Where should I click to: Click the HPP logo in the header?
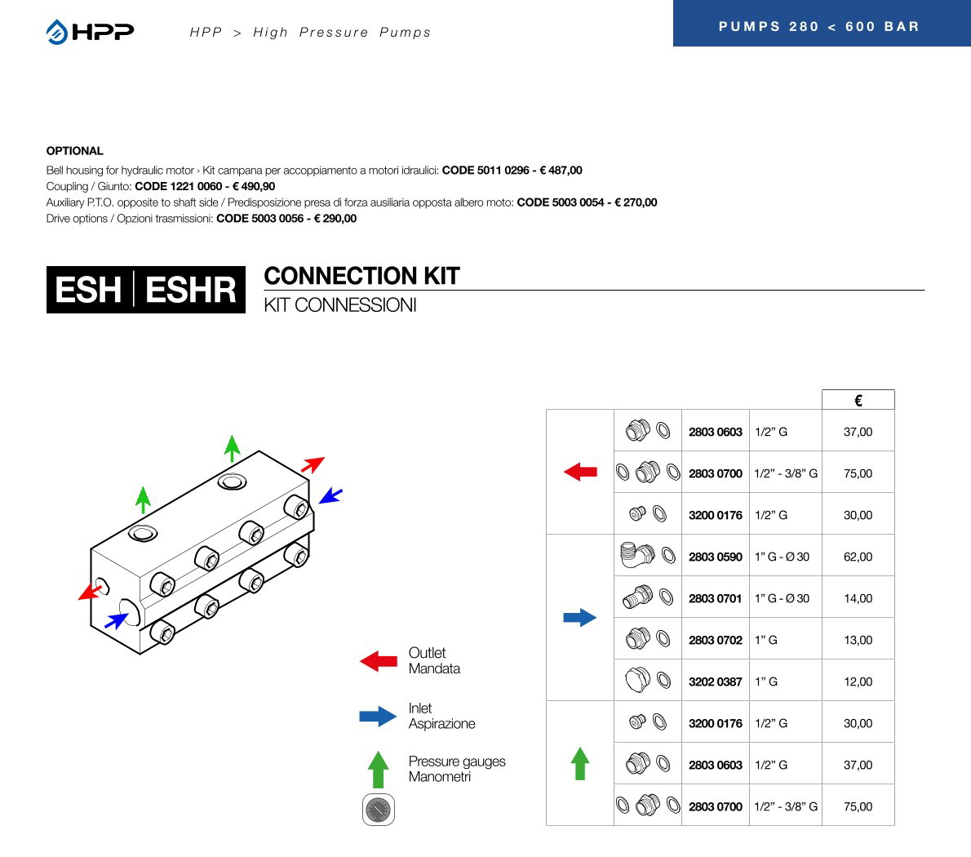tap(90, 32)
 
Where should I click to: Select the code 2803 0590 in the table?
tap(715, 557)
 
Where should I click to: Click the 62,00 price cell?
tap(858, 557)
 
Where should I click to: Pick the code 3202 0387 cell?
tap(715, 682)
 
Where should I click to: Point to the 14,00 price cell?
tap(858, 598)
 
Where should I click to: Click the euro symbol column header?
tap(858, 400)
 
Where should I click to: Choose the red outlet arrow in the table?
tap(580, 472)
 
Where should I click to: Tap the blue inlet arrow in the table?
tap(580, 618)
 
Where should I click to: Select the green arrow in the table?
tap(580, 763)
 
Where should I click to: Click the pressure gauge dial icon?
tap(378, 810)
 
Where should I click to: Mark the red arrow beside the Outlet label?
tap(379, 661)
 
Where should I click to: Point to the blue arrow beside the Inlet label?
tap(379, 717)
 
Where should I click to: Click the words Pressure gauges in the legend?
tap(457, 762)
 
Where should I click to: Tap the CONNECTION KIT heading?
tap(361, 276)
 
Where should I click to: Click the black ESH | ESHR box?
tap(145, 290)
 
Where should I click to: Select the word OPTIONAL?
tap(74, 151)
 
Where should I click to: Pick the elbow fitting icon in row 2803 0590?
tap(636, 555)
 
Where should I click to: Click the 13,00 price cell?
tap(858, 640)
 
